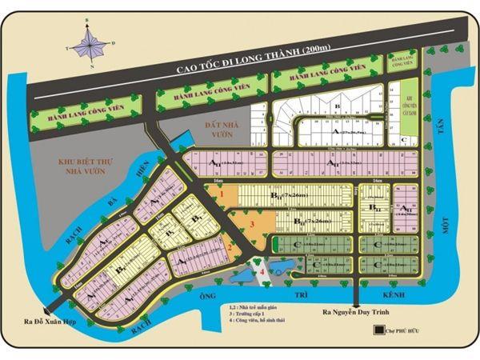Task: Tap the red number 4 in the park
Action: pos(262,272)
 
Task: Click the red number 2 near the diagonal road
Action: pos(229,247)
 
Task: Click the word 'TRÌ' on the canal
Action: pos(301,297)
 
